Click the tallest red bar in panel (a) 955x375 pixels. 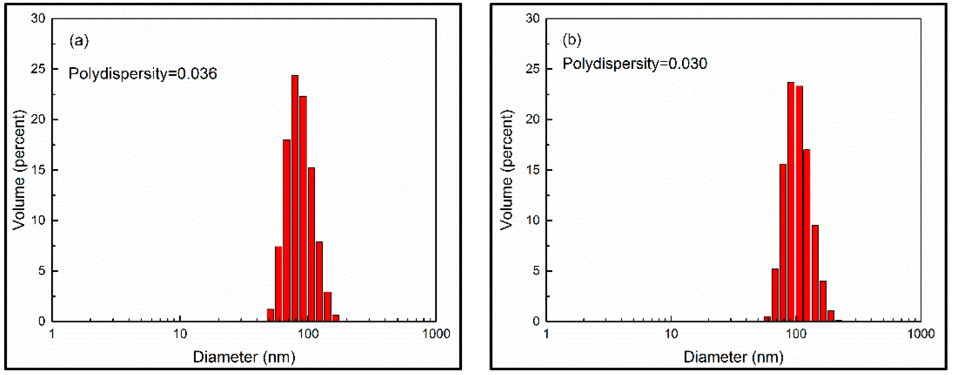click(295, 198)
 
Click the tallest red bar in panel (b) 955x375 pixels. click(791, 202)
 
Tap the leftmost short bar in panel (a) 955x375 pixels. click(270, 315)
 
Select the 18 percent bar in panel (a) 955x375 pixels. click(287, 230)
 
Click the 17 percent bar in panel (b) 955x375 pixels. click(807, 235)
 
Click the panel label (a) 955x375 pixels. click(79, 40)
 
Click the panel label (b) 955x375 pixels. click(572, 39)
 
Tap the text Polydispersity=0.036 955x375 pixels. click(143, 73)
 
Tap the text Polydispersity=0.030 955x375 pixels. click(635, 63)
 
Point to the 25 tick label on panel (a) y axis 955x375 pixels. click(38, 69)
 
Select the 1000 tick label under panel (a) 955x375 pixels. click(436, 334)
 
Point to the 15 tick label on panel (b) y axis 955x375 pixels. click(532, 170)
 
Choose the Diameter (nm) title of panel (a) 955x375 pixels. click(244, 357)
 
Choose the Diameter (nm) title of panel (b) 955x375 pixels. click(733, 357)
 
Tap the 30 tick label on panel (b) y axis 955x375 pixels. click(532, 18)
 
